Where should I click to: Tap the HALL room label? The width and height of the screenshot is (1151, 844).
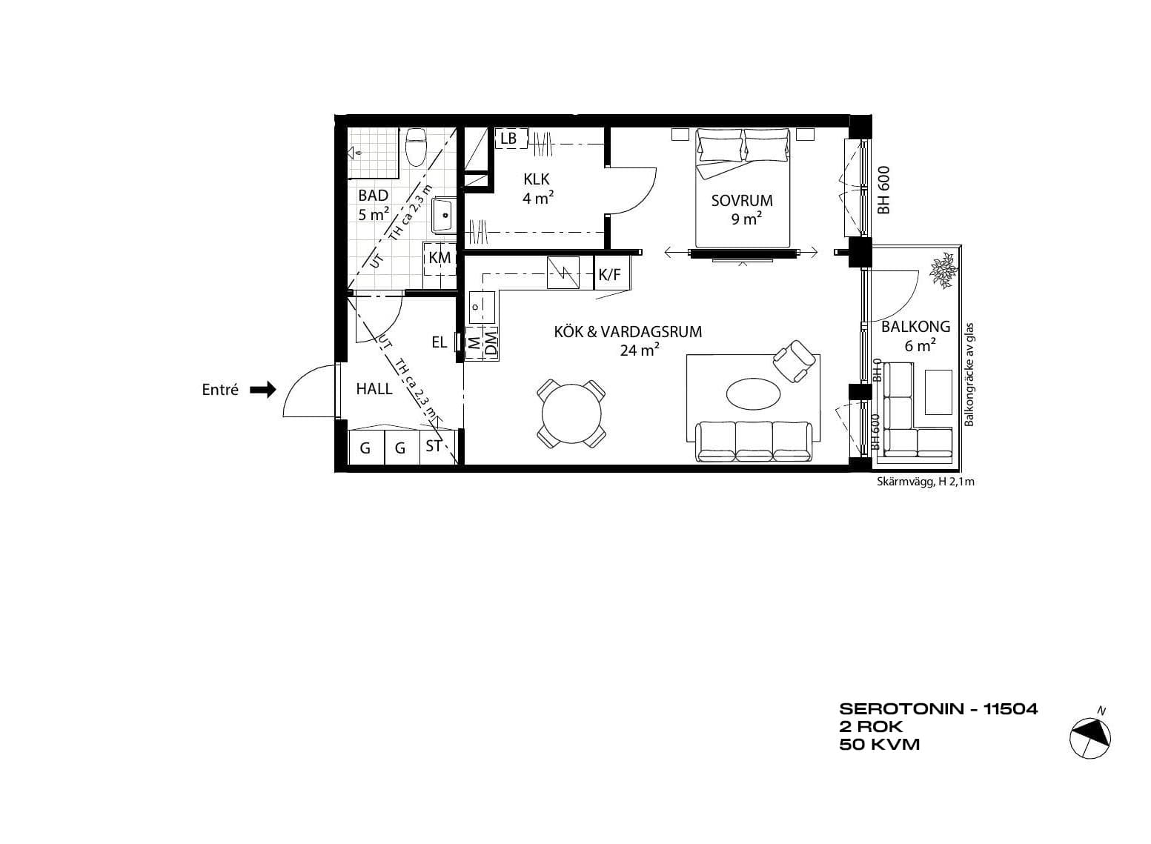374,389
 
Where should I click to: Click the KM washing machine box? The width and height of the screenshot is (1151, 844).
439,258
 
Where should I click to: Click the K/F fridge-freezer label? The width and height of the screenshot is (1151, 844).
609,275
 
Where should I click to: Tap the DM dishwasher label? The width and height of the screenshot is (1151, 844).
491,344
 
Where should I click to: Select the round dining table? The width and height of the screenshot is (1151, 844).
571,413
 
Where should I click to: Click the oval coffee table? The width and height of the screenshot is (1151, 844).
753,394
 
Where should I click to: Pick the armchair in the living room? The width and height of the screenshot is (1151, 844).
795,361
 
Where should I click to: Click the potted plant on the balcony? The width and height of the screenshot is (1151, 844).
943,270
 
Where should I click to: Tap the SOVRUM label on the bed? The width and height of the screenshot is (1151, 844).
741,200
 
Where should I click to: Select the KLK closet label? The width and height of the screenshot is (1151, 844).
537,179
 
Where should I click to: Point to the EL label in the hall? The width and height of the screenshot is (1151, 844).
439,342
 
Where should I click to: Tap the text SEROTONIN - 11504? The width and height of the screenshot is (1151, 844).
938,709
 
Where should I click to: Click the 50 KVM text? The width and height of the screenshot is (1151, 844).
879,745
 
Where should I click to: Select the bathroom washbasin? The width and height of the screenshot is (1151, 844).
442,215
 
